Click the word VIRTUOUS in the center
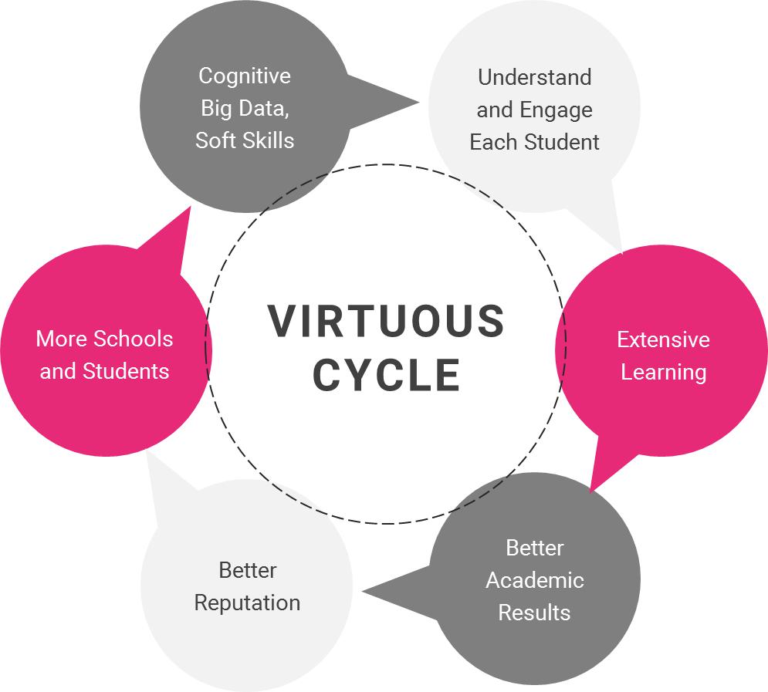(386, 321)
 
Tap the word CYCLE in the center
(386, 375)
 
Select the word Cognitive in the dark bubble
(245, 76)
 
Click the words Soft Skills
(245, 140)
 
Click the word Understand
(534, 77)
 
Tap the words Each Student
(534, 142)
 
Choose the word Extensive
(663, 339)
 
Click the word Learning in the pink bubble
(663, 372)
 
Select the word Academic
(534, 580)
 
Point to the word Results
(534, 613)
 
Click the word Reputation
(247, 603)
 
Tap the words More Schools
(104, 339)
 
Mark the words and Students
(104, 371)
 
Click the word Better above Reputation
(247, 570)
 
